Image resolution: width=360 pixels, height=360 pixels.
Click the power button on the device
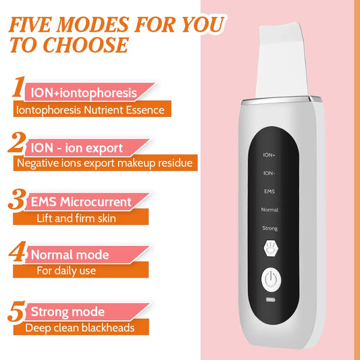270,279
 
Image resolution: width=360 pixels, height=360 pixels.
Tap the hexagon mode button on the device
269,247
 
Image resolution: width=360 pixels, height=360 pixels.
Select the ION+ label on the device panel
269,155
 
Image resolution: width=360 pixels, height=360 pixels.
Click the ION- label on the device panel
269,173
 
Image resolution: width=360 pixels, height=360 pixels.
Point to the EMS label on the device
269,191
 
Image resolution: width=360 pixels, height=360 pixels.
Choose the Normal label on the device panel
269,209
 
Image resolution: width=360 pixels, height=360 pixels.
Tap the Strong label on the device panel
269,228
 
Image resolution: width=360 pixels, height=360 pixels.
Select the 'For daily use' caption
66,271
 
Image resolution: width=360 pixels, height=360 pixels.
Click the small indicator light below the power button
270,299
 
